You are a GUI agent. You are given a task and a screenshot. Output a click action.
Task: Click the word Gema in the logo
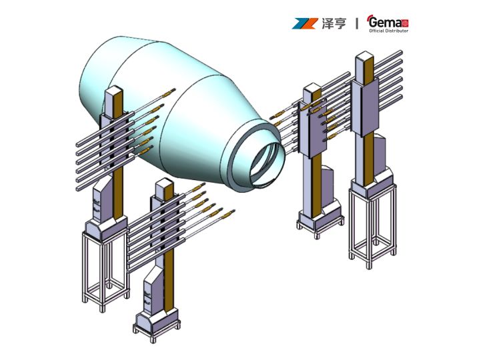(x=386, y=23)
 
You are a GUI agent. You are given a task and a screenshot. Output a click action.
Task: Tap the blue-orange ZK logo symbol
(x=305, y=23)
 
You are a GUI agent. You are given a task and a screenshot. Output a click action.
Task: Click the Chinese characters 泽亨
(x=334, y=23)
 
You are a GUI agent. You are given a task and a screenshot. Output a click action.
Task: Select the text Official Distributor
(x=389, y=31)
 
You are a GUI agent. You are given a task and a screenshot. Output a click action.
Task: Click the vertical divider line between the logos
(x=357, y=23)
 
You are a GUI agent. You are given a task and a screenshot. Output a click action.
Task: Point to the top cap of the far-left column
(x=114, y=91)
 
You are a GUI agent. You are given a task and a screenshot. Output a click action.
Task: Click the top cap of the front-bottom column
(x=165, y=183)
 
